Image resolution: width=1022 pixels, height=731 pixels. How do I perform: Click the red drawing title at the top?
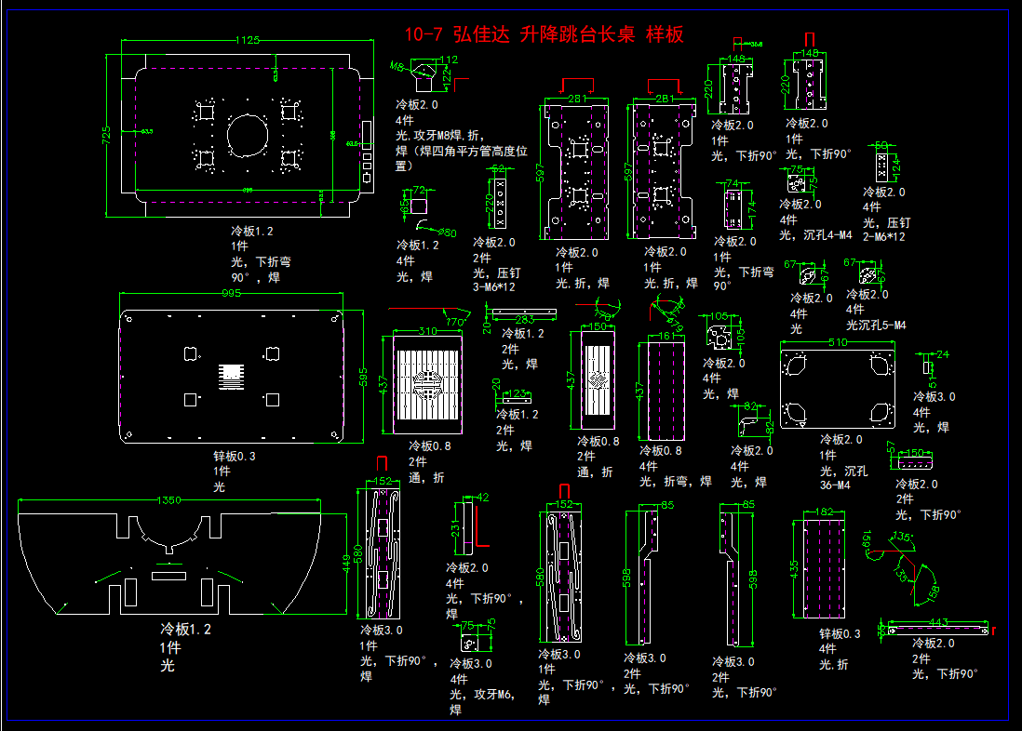pyautogui.click(x=545, y=35)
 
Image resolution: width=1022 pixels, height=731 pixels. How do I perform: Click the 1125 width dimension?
pyautogui.click(x=247, y=40)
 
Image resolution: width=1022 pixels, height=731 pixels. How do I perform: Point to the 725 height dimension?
pyautogui.click(x=106, y=135)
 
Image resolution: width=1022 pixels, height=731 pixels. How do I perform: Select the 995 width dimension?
pyautogui.click(x=232, y=294)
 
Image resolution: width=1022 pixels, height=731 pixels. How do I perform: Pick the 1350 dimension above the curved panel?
pyautogui.click(x=168, y=500)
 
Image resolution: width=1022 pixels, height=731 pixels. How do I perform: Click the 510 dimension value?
pyautogui.click(x=838, y=343)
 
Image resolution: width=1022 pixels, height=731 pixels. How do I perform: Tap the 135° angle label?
pyautogui.click(x=902, y=538)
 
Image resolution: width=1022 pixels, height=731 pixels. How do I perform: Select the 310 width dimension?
pyautogui.click(x=427, y=331)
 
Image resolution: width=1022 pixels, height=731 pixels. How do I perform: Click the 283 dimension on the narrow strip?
pyautogui.click(x=524, y=320)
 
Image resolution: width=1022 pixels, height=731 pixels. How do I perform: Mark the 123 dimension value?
pyautogui.click(x=518, y=393)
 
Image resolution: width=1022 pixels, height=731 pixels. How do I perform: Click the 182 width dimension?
pyautogui.click(x=824, y=512)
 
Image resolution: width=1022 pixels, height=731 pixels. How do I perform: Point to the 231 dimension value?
pyautogui.click(x=456, y=530)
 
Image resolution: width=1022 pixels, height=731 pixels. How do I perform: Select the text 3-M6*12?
pyautogui.click(x=493, y=286)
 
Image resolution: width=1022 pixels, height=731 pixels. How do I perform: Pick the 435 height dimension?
pyautogui.click(x=794, y=567)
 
